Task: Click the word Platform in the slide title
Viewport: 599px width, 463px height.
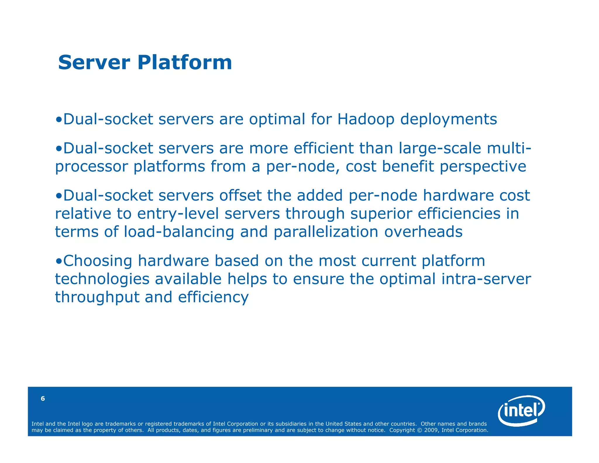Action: coord(185,63)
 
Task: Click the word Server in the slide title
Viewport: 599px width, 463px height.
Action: coord(94,63)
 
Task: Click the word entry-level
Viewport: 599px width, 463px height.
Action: coord(178,214)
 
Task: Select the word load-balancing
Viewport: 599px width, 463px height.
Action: coord(179,232)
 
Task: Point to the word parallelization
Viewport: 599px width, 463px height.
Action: coord(326,232)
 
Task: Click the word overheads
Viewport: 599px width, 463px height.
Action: coord(423,232)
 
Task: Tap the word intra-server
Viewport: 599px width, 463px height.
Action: coord(486,279)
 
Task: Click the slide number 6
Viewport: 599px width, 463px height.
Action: coord(43,398)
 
